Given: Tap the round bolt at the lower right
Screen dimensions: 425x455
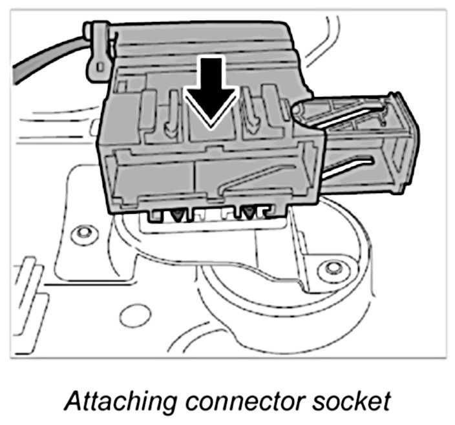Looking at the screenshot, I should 333,267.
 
